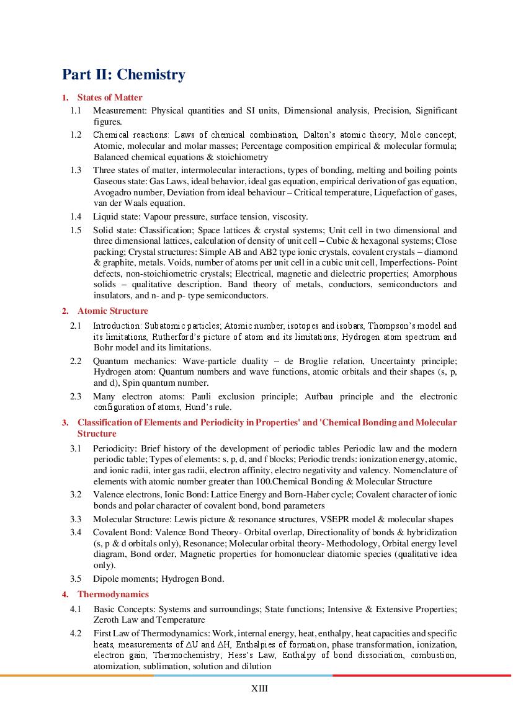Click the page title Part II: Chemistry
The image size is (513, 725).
click(123, 75)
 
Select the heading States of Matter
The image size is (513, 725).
click(110, 97)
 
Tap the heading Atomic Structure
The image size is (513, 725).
click(112, 311)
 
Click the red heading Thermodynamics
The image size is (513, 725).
click(113, 594)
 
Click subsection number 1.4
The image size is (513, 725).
click(76, 216)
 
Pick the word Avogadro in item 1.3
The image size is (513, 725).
click(111, 192)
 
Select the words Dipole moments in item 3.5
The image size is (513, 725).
click(125, 579)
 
